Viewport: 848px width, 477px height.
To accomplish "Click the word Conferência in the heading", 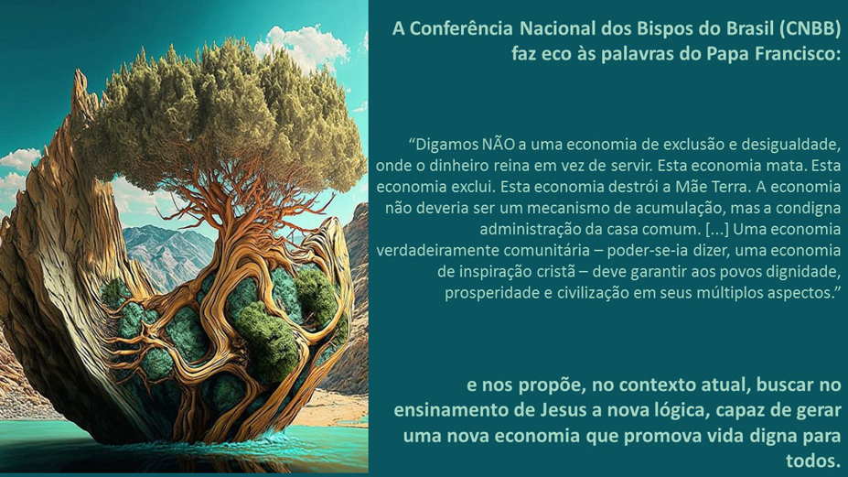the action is click(x=461, y=28).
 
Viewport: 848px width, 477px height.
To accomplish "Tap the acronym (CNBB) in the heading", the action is click(x=810, y=28).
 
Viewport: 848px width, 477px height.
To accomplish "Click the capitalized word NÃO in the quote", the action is click(x=498, y=145).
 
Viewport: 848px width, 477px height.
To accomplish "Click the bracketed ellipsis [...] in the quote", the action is click(x=717, y=230).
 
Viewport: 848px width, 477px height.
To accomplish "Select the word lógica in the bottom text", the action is click(x=680, y=410).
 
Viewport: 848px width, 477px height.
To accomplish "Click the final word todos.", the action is click(x=813, y=461).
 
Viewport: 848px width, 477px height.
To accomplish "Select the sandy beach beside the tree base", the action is click(x=331, y=407).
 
